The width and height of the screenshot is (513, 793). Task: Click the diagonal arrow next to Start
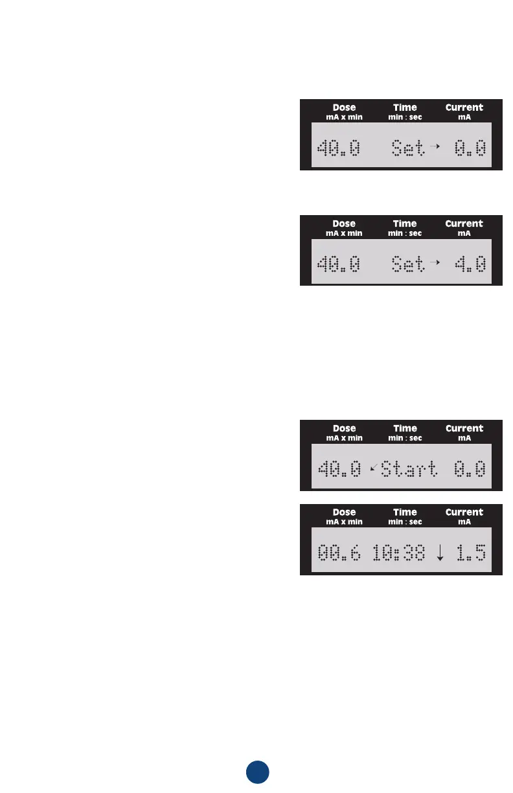(x=372, y=467)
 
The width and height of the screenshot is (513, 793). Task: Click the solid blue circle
(x=257, y=772)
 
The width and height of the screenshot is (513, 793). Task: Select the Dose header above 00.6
(x=344, y=512)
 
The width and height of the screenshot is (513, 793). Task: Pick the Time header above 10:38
(x=405, y=512)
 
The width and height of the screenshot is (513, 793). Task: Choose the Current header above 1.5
(x=464, y=512)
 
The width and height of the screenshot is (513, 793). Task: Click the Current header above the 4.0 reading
(x=464, y=224)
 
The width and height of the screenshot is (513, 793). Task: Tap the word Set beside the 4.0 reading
(x=409, y=264)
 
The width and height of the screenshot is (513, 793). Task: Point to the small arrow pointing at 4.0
(x=435, y=262)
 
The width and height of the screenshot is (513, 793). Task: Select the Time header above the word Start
(x=405, y=428)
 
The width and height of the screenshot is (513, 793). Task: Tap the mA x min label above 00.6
(x=344, y=522)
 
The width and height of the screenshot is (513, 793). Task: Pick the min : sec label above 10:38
(x=405, y=522)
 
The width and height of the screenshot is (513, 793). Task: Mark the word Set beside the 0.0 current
(x=409, y=148)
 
